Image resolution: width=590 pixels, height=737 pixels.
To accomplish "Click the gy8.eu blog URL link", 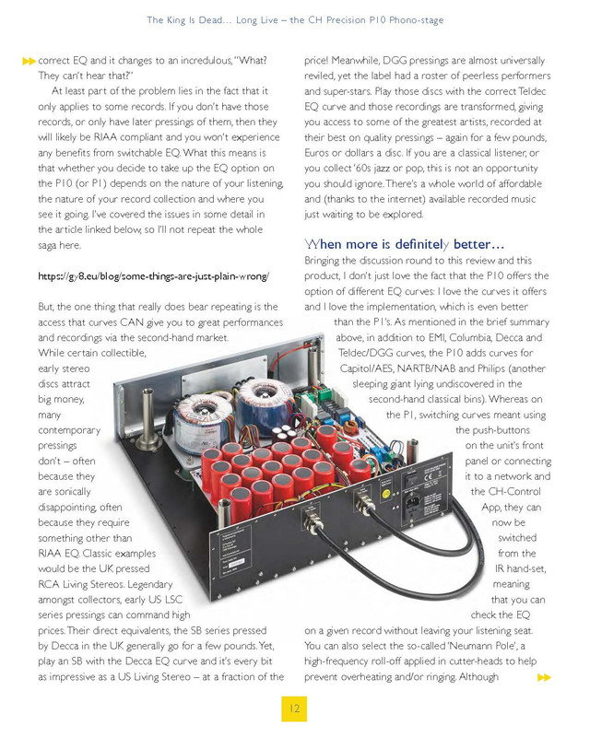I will point(153,275).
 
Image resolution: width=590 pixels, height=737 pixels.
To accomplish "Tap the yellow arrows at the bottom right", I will point(544,677).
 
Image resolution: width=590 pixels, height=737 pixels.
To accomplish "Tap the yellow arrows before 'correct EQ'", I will point(29,61).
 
